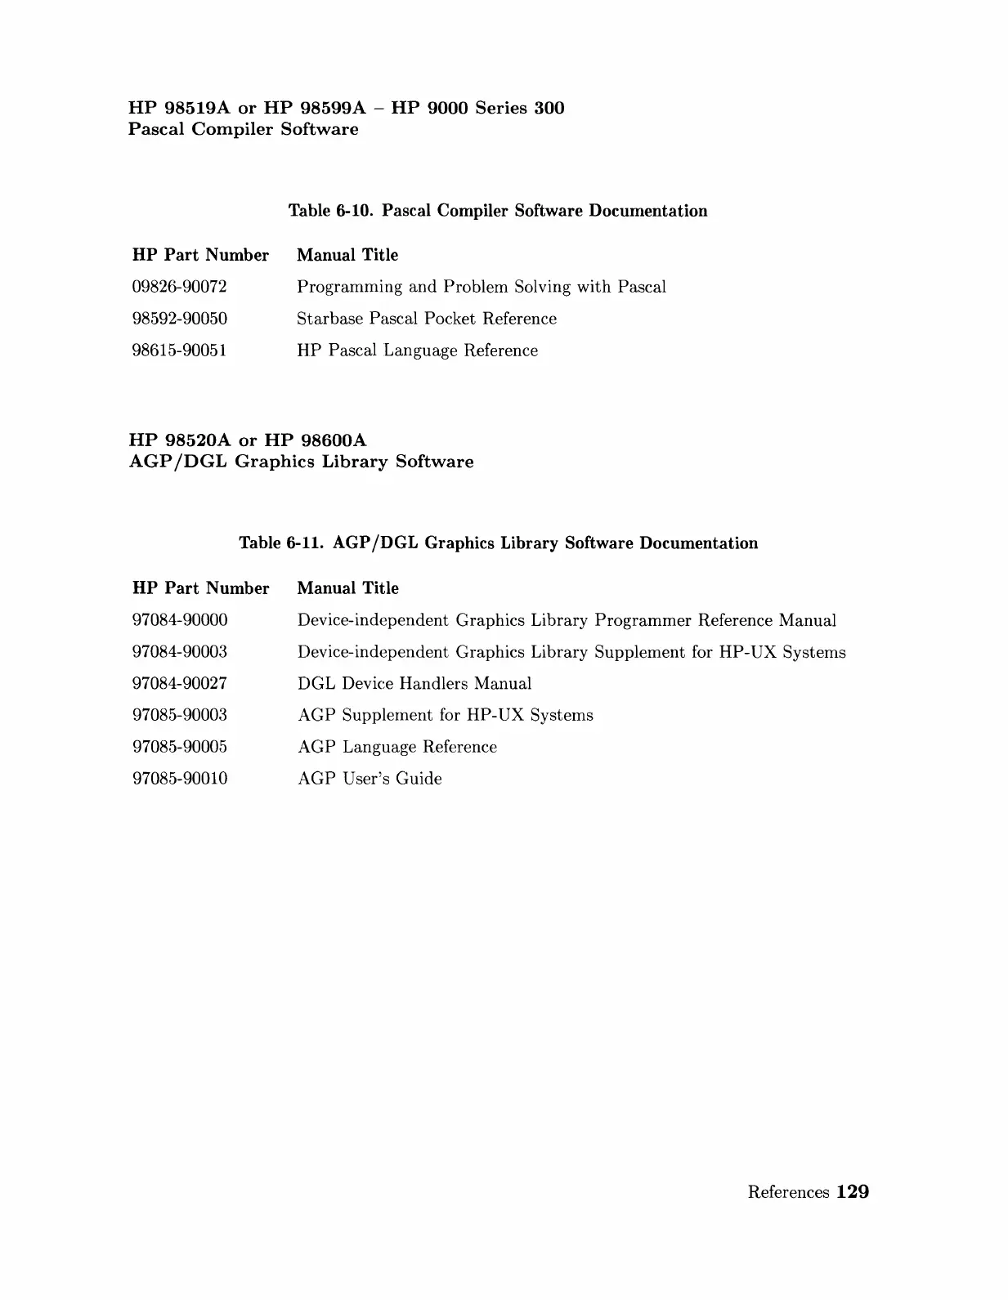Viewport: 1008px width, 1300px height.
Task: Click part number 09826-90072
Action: coord(179,287)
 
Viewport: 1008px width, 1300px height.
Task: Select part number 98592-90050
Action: coord(179,319)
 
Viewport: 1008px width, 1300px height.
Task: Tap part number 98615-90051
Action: coord(179,351)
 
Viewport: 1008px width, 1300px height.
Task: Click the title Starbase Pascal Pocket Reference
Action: coord(426,319)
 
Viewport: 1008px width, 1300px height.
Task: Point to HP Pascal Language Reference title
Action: coord(417,351)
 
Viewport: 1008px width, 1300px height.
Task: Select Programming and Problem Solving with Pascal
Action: coord(481,287)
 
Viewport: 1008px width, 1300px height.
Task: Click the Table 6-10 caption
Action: coord(498,211)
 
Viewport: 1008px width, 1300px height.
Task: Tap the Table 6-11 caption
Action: coord(498,543)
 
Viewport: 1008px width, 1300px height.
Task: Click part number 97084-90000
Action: coord(180,620)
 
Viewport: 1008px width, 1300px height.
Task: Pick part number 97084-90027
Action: coord(180,683)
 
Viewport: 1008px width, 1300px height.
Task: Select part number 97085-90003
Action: coord(180,715)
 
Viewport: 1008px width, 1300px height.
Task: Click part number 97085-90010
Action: coord(180,779)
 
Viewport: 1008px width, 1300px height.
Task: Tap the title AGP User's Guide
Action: coord(370,779)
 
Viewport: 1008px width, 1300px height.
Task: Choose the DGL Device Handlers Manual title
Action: coord(414,683)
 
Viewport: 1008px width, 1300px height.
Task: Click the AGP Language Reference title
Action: coord(397,747)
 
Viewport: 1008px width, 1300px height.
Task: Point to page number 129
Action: coord(853,1192)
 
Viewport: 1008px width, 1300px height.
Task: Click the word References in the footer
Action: coord(788,1192)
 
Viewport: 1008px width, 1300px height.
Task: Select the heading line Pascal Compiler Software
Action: coord(243,129)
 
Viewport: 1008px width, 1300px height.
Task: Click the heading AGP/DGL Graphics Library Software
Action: coord(301,462)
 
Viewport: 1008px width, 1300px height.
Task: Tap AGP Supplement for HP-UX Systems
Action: coord(446,715)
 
